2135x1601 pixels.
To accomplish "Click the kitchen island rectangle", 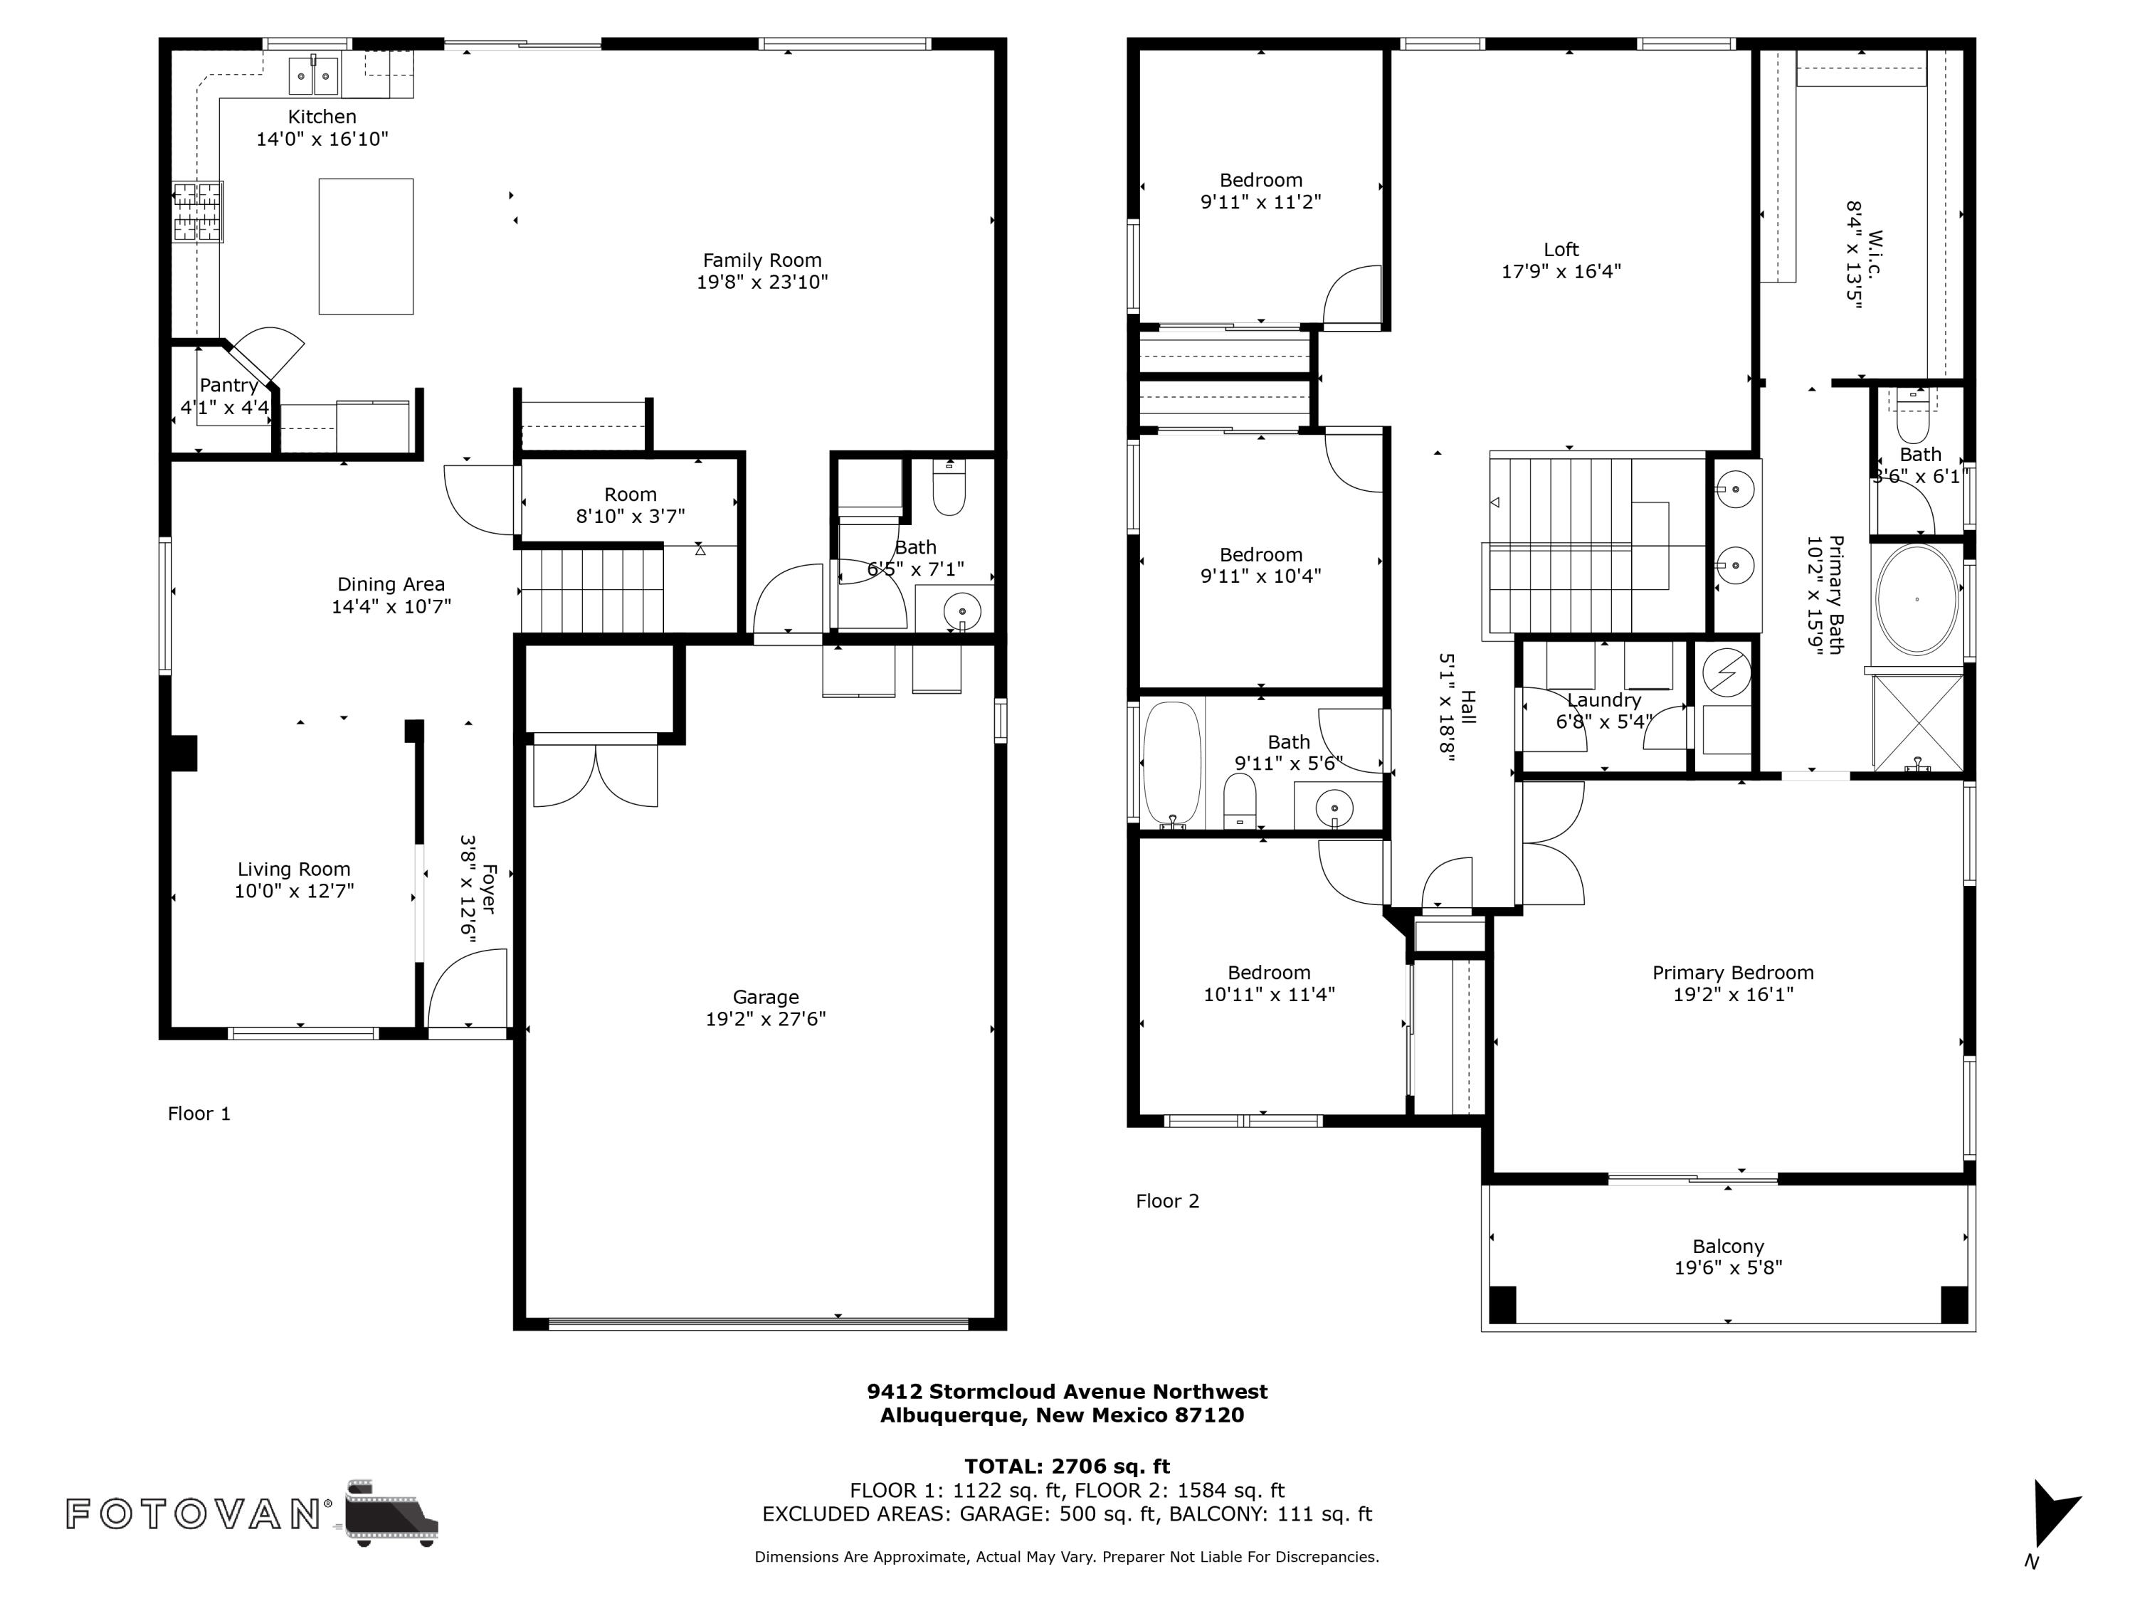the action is point(366,246).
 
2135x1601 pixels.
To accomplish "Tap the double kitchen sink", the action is point(314,76).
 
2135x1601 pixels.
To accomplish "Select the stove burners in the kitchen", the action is point(198,211).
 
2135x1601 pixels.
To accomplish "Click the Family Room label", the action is point(761,260).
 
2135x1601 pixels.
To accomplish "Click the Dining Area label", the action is point(391,584).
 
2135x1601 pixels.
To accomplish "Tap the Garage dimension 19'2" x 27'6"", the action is point(765,1019).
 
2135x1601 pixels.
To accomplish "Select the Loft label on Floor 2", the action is point(1561,250).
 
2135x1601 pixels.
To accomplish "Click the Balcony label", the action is point(1728,1247).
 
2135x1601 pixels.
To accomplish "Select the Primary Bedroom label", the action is point(1732,973).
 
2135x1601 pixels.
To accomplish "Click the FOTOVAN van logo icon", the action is point(390,1512).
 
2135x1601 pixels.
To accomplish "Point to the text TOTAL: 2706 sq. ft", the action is point(1067,1467).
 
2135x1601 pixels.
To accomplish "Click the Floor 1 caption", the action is point(199,1114).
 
